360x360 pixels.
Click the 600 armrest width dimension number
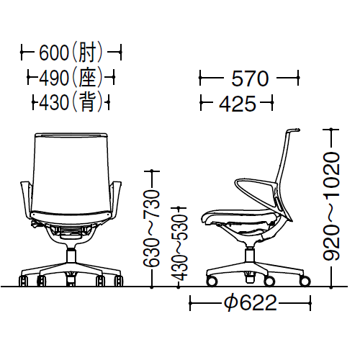pyautogui.click(x=54, y=53)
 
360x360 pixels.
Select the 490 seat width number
pyautogui.click(x=54, y=78)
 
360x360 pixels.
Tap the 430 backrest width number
pyautogui.click(x=54, y=102)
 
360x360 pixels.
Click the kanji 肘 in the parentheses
pyautogui.click(x=87, y=52)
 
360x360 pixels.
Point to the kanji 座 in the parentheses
pyautogui.click(x=87, y=78)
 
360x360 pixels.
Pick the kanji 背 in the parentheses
pyautogui.click(x=87, y=102)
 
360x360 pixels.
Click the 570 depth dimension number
pyautogui.click(x=250, y=78)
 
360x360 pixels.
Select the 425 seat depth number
pyautogui.click(x=238, y=104)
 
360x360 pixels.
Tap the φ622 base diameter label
pyautogui.click(x=251, y=302)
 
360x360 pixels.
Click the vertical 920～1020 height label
pyautogui.click(x=331, y=207)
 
